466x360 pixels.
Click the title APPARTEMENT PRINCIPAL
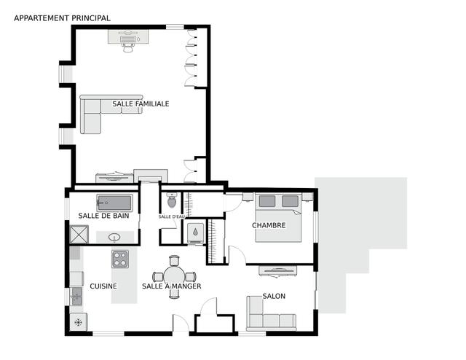point(62,18)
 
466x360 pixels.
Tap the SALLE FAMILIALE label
point(141,103)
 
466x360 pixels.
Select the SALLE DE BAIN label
point(103,216)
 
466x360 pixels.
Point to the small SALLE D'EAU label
point(172,216)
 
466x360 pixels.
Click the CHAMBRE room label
point(269,225)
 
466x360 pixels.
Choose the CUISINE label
point(103,286)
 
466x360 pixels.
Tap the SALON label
point(274,296)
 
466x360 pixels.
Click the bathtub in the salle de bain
point(114,203)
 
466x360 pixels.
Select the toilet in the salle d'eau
point(172,200)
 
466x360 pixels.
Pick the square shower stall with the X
point(79,235)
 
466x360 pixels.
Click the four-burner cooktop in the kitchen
point(120,259)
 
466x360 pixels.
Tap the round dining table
point(174,277)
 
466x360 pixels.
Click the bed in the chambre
point(278,218)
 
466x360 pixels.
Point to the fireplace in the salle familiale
point(151,176)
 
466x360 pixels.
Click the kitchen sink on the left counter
point(76,297)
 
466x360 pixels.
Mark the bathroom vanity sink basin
point(114,237)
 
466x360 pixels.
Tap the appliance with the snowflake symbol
point(79,322)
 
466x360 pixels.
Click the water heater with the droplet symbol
point(195,232)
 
